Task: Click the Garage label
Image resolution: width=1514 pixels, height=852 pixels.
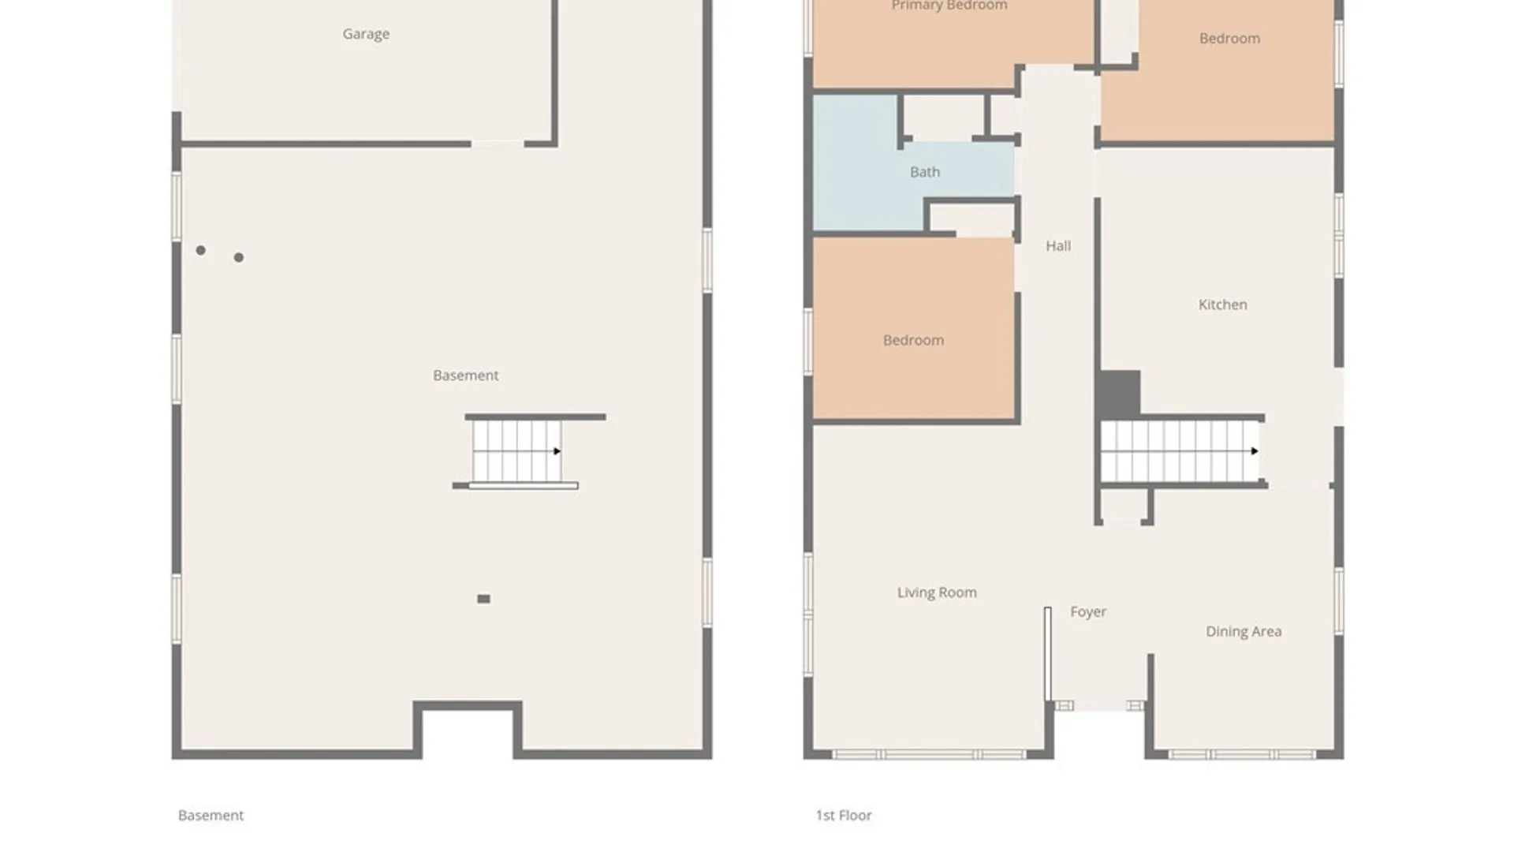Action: tap(366, 34)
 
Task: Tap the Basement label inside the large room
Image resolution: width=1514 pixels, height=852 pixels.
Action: tap(465, 376)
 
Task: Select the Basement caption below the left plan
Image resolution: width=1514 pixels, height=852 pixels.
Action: tap(211, 815)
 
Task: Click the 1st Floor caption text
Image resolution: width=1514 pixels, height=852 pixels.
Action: tap(844, 815)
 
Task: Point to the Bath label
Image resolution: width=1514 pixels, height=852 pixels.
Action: tap(925, 172)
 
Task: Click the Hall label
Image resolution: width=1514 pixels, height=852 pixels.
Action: tap(1058, 246)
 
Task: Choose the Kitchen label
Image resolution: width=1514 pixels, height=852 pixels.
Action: tap(1223, 305)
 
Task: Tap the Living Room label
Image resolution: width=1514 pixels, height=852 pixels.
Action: tap(937, 592)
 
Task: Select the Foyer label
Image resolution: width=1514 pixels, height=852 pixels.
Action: tap(1088, 612)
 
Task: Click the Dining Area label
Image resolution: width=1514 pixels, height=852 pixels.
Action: tap(1244, 631)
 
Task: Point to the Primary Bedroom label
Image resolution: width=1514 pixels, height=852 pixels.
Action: tap(949, 6)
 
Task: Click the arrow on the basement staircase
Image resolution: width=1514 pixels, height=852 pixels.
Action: tap(557, 451)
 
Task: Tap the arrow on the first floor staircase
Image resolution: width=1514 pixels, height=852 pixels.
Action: tap(1254, 451)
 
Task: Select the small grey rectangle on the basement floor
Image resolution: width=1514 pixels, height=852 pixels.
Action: tap(483, 599)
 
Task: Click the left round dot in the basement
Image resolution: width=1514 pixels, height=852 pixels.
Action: tap(201, 250)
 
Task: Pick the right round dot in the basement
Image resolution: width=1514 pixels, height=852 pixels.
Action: tap(239, 257)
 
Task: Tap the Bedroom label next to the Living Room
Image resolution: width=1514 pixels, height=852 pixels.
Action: tap(913, 341)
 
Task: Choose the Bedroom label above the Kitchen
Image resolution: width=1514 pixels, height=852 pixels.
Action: tap(1229, 39)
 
